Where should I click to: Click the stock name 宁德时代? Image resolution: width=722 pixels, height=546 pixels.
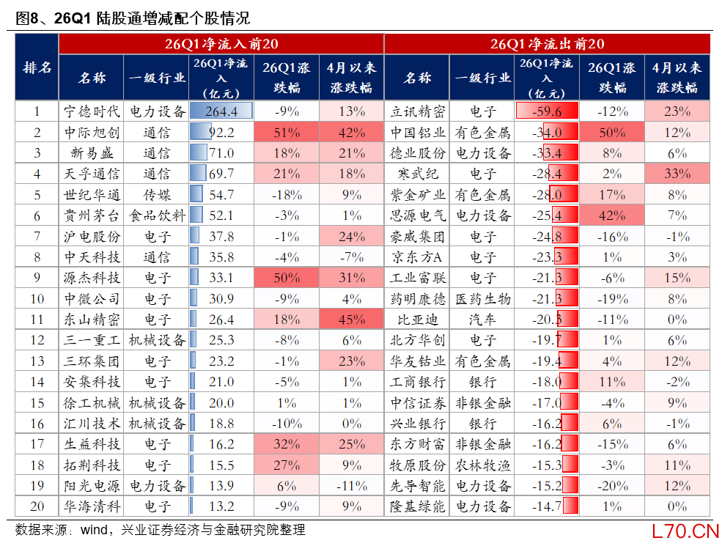tap(91, 111)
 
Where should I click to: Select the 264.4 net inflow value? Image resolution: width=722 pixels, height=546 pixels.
tap(221, 111)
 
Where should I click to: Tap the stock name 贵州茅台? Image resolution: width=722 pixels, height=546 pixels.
tap(91, 215)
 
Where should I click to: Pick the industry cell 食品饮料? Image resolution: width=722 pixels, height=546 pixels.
tap(157, 215)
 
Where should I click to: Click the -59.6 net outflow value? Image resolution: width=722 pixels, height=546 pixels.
tap(547, 111)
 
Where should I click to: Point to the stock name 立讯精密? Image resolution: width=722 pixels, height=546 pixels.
tap(417, 111)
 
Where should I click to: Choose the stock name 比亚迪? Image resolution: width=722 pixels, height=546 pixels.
tap(417, 320)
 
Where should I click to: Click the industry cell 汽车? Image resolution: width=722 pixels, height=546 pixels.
tap(482, 320)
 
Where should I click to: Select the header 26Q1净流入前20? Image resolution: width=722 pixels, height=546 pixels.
tap(221, 44)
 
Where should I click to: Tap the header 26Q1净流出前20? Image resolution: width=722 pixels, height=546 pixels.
tap(547, 44)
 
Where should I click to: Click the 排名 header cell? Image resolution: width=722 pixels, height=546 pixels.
tap(37, 67)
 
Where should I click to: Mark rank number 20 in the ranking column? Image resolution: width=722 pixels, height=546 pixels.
tap(37, 506)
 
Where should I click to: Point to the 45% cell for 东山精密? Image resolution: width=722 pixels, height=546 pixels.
tap(352, 320)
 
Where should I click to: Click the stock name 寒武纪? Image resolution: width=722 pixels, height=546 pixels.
tap(417, 174)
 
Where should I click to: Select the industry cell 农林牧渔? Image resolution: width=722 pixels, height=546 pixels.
tap(482, 465)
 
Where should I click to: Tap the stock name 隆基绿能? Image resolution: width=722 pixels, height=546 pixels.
tap(417, 506)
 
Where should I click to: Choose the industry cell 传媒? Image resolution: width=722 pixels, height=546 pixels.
tap(157, 195)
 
